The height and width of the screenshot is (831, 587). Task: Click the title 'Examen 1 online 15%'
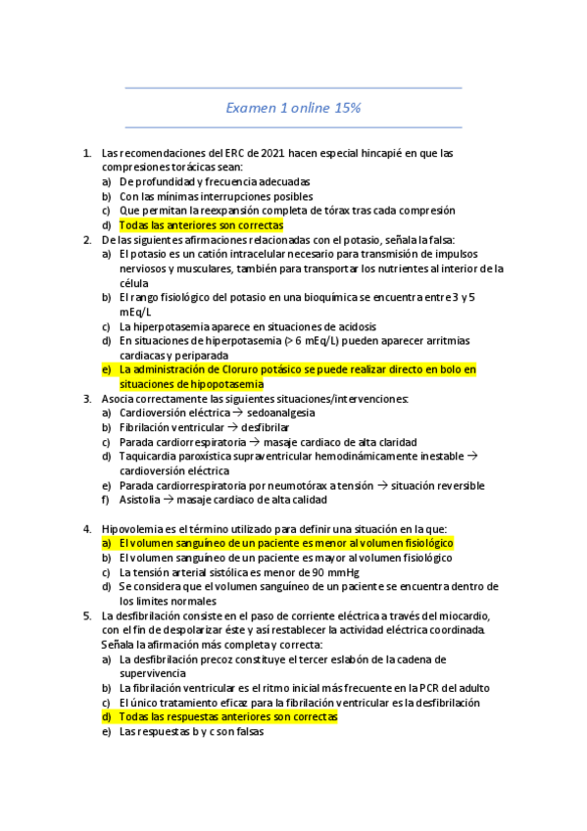coord(293,107)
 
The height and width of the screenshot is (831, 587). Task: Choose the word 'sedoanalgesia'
coord(281,414)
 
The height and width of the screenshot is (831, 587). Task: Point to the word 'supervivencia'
coord(152,674)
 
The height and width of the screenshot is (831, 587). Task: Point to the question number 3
coord(88,399)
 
